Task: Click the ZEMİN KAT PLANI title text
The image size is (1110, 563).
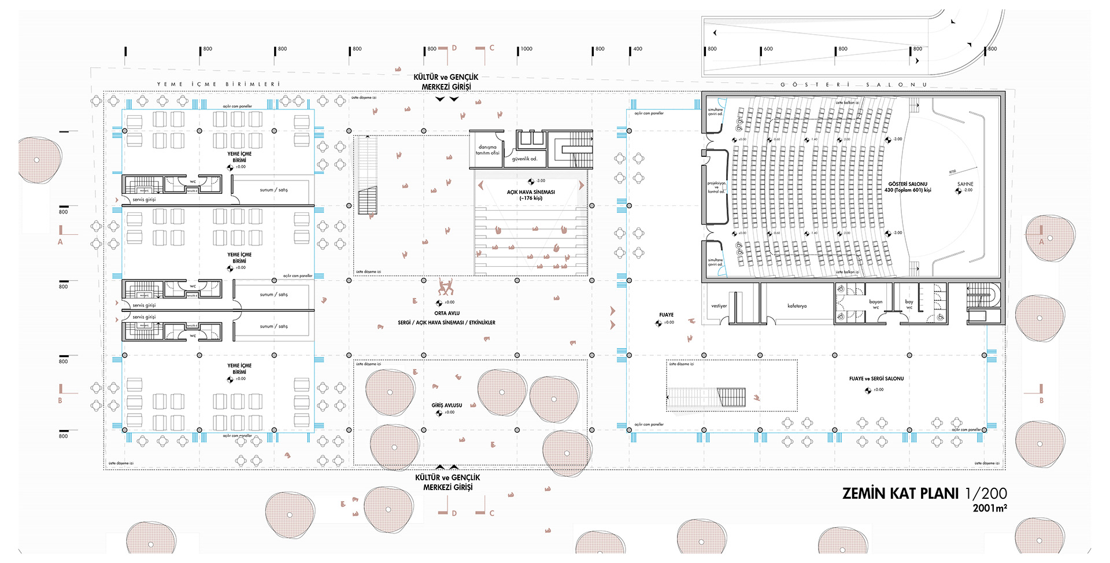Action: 901,494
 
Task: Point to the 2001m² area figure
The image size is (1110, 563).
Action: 990,508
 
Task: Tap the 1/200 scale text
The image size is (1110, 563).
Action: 986,494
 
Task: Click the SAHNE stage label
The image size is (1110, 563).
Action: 965,184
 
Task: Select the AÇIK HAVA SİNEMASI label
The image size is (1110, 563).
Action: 531,192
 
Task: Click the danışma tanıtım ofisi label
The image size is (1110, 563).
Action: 487,150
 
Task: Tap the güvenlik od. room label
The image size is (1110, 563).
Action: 524,159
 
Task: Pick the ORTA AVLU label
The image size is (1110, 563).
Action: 447,313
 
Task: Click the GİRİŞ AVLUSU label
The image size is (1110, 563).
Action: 447,405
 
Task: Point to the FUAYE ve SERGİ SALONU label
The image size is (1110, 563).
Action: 876,378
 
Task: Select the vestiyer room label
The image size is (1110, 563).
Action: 719,306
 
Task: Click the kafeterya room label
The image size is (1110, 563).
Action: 797,306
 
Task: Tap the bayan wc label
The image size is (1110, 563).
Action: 876,304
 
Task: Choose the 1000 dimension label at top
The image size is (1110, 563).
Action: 526,49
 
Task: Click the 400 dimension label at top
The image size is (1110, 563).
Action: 638,49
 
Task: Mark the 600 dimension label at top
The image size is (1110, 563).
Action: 768,49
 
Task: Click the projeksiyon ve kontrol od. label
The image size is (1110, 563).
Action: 716,187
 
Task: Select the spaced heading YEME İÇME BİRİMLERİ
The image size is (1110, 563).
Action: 219,84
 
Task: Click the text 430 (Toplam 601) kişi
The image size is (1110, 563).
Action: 908,190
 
